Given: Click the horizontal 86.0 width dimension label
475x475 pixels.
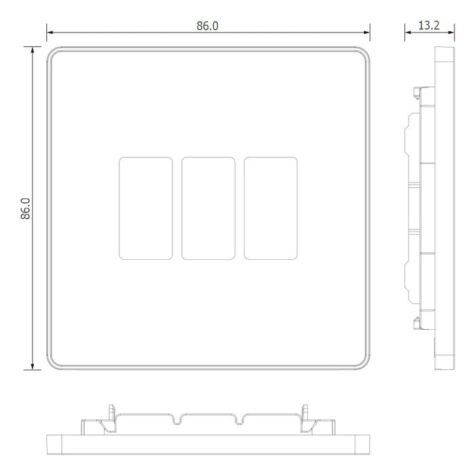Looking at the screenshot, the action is [207, 26].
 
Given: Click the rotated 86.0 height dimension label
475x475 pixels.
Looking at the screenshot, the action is [26, 208].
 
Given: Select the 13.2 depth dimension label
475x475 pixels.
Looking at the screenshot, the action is [429, 26].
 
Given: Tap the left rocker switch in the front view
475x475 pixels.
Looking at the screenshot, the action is [146, 208].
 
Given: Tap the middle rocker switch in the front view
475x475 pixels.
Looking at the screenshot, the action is [208, 208].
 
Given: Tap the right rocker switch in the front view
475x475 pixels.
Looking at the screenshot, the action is [271, 208].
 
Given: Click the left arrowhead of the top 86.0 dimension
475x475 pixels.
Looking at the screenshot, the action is [50, 33].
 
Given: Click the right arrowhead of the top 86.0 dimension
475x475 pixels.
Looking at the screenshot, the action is [366, 33].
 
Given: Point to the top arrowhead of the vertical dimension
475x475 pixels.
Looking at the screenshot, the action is [33, 50].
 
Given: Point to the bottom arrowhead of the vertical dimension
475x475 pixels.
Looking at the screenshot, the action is [33, 366].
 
